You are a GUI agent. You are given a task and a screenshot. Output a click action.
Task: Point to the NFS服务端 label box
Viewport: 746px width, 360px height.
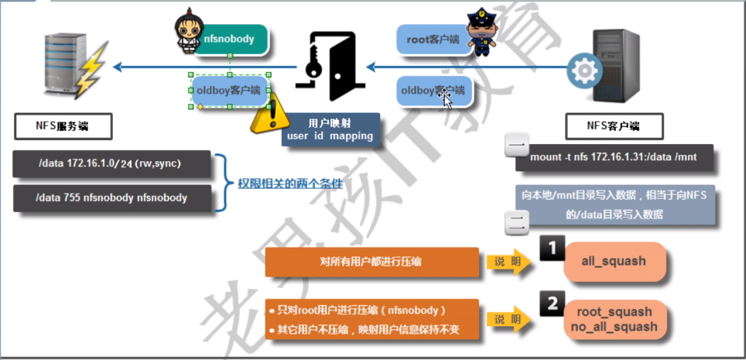[x=63, y=125]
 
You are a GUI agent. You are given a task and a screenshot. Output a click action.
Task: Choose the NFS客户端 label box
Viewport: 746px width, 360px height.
[x=614, y=125]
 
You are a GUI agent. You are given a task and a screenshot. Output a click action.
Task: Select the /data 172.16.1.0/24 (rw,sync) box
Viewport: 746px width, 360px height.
[x=112, y=164]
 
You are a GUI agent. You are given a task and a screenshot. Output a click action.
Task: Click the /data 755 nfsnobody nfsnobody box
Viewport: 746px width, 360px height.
[x=112, y=197]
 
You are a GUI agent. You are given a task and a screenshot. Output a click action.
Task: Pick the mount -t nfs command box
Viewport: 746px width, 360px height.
[x=614, y=157]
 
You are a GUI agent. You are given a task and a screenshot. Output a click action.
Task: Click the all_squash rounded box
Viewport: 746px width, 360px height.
[x=614, y=261]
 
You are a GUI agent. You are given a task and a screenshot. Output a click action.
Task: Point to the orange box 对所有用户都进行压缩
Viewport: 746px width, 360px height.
[x=372, y=262]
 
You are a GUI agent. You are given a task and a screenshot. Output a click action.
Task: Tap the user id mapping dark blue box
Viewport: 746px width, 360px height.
[x=330, y=130]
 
